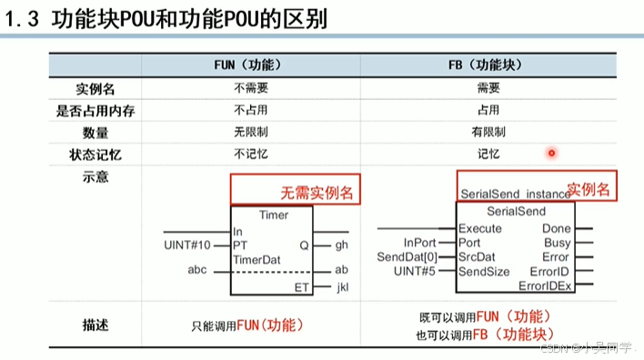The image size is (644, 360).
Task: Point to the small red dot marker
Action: point(551,154)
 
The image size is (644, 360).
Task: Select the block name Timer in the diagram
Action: point(274,215)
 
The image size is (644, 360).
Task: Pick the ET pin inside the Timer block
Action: point(301,287)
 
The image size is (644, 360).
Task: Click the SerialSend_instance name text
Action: point(512,194)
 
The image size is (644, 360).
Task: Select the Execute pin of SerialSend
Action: point(479,228)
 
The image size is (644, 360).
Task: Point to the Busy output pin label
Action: point(557,243)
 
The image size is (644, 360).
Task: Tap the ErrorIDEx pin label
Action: point(545,285)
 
